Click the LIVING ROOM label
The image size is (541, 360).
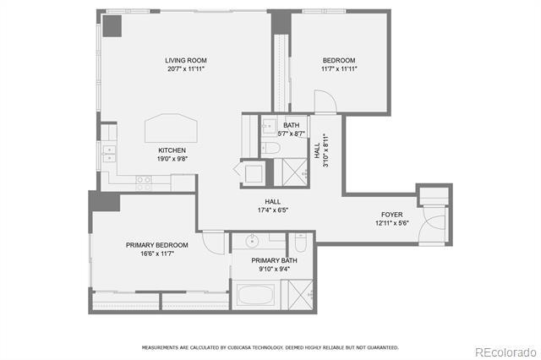click(x=186, y=60)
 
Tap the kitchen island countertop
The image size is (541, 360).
click(x=171, y=128)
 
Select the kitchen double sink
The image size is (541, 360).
click(x=109, y=154)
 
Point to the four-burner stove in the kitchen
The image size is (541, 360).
click(x=144, y=183)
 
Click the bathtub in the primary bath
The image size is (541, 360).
click(x=255, y=294)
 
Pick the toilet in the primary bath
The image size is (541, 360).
click(x=301, y=243)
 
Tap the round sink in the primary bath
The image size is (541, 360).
click(x=252, y=241)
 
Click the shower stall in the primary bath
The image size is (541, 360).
click(x=301, y=295)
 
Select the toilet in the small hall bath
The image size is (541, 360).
click(x=270, y=148)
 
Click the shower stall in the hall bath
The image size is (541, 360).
click(x=295, y=172)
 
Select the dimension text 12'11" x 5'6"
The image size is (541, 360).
click(x=392, y=223)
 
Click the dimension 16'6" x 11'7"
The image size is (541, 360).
click(x=157, y=254)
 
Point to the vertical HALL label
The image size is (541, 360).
click(x=317, y=150)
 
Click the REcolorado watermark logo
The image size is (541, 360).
click(x=505, y=352)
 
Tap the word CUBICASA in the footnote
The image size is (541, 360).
click(x=243, y=347)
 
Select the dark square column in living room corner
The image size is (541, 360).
click(x=112, y=26)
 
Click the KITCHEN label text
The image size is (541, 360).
click(x=172, y=150)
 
